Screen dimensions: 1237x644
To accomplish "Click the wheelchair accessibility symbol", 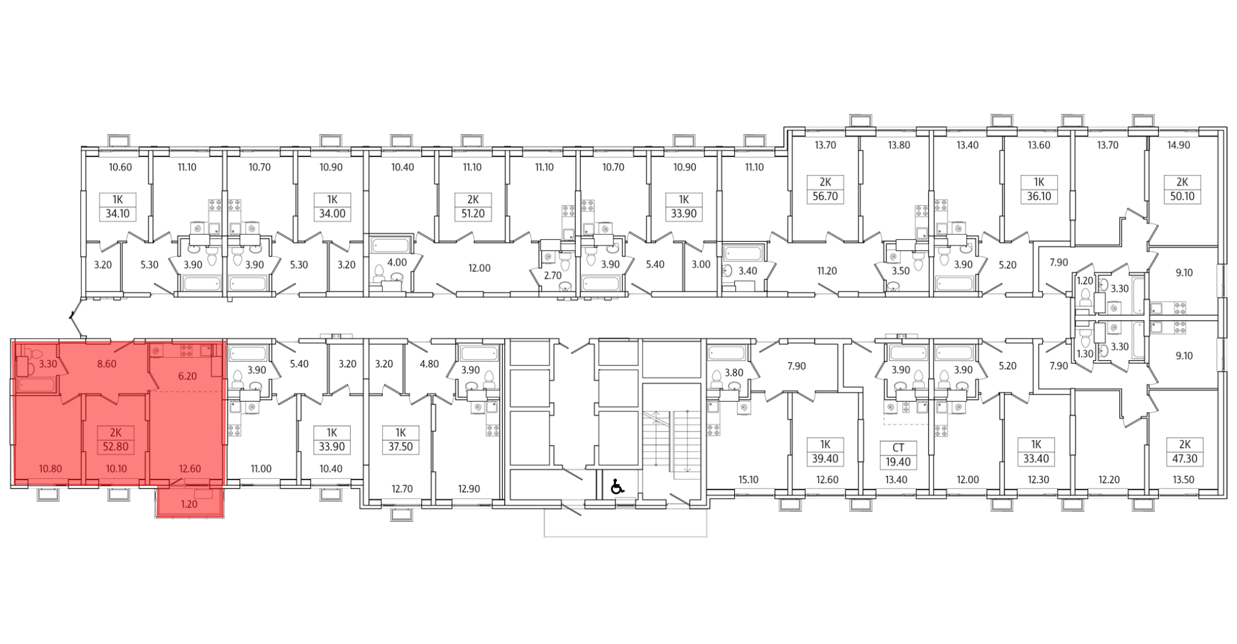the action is [x=617, y=488].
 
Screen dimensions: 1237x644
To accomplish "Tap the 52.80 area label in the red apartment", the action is [x=116, y=447].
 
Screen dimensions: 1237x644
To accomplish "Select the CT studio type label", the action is [x=898, y=447].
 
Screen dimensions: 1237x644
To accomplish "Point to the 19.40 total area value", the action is [x=898, y=462].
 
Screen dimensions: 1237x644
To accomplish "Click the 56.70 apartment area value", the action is [x=825, y=197].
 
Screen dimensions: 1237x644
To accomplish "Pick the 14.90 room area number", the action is [x=1178, y=145].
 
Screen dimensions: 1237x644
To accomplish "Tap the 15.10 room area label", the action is [x=748, y=480].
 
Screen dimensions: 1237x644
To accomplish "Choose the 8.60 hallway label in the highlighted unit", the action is [x=106, y=364].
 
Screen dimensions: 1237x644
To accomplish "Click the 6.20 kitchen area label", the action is [x=187, y=376].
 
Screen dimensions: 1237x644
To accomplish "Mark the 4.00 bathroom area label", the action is [x=397, y=263].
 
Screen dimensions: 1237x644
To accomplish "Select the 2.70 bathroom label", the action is [x=552, y=276].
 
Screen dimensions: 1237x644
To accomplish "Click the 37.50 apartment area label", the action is [x=400, y=447].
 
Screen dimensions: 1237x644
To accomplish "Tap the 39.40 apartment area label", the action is [x=824, y=459].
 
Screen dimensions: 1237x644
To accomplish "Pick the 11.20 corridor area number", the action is [x=827, y=270].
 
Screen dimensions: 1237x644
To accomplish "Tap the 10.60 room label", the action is [x=121, y=167].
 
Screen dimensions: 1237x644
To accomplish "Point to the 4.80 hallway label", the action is [x=429, y=364].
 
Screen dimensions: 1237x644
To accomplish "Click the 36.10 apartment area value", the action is [x=1039, y=197].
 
